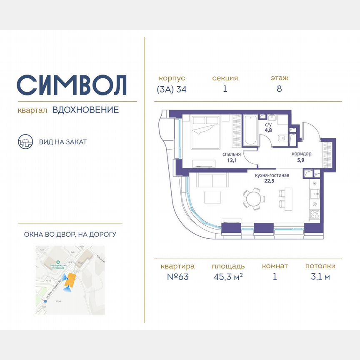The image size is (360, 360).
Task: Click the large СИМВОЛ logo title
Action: tap(72, 85)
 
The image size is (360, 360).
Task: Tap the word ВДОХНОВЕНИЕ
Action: tap(85, 110)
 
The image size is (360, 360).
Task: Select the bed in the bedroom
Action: tap(205, 132)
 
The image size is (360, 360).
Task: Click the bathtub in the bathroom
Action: tap(250, 129)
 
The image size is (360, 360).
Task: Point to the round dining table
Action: tap(253, 199)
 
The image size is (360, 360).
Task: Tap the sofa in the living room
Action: tap(212, 180)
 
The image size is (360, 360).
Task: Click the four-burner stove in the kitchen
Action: tap(315, 215)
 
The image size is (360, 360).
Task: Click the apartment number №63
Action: tap(177, 277)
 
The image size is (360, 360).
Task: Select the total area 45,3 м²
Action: tap(227, 277)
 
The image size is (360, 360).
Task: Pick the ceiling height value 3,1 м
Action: tap(320, 277)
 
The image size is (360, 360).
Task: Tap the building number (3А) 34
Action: tap(172, 89)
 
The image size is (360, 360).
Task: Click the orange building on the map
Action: tap(71, 280)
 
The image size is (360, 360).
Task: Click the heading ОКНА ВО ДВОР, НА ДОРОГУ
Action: tap(70, 235)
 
